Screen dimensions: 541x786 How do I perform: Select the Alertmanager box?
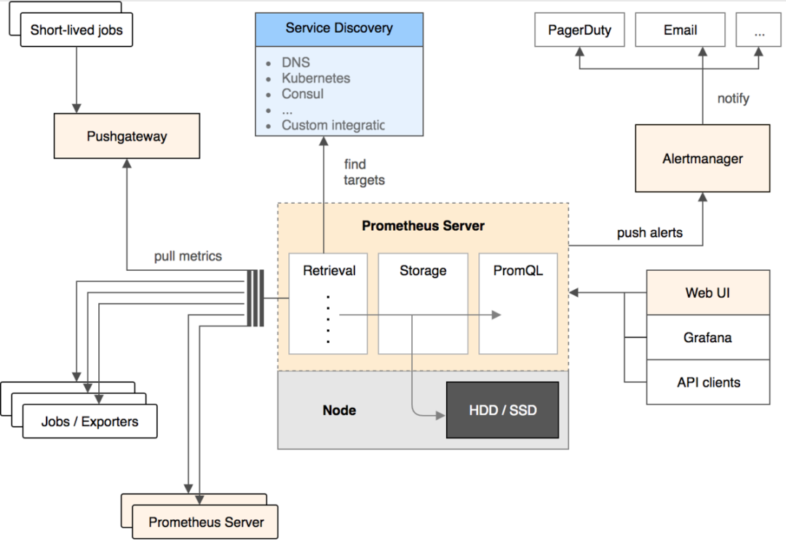coord(702,159)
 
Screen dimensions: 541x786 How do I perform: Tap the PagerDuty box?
coord(580,31)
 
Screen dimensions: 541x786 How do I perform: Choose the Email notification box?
coord(680,31)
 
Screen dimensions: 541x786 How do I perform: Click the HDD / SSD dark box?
coord(502,410)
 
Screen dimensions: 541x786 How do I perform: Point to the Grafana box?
coord(707,338)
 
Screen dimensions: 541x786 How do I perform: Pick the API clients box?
coord(707,382)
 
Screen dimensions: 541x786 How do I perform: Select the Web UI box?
coord(707,293)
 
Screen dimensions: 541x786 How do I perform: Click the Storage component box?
coord(423,303)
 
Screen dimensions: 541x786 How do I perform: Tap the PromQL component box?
coord(517,303)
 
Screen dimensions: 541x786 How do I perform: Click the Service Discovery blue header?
coord(338,29)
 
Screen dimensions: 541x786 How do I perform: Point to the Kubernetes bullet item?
coord(316,78)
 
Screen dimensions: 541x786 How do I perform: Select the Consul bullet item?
coord(303,94)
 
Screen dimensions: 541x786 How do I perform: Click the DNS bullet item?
coord(295,63)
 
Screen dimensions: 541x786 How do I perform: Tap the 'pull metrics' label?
coord(188,256)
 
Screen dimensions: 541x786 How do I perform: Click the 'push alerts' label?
coord(650,233)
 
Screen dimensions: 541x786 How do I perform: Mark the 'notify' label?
coord(733,98)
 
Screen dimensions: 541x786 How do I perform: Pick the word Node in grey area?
coord(339,410)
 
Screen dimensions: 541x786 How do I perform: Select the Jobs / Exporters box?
coord(90,422)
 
